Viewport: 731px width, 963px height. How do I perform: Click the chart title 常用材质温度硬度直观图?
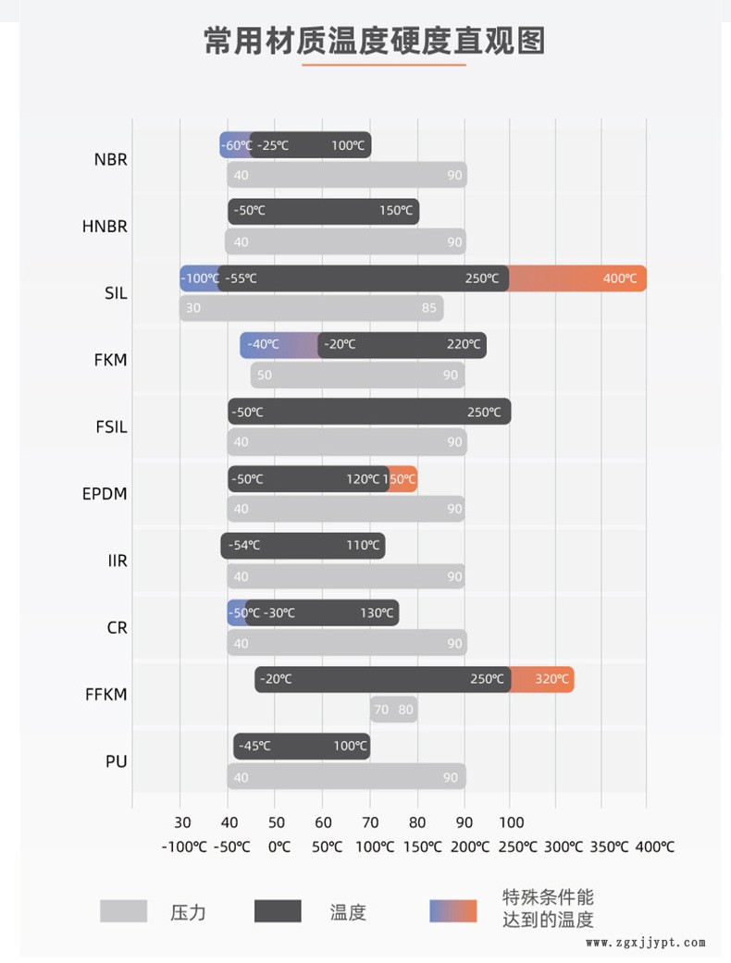click(374, 42)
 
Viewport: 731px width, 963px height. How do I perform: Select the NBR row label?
click(110, 159)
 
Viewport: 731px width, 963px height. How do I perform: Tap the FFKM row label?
click(105, 695)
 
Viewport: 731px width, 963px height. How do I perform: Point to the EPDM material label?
click(105, 494)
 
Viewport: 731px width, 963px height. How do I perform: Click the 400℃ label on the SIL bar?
click(619, 278)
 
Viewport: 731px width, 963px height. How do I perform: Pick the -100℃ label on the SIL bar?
click(199, 278)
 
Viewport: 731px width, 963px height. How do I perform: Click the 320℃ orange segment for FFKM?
click(551, 679)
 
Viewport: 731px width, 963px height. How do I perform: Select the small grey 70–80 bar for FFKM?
click(393, 710)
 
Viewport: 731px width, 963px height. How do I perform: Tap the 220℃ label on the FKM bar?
click(463, 345)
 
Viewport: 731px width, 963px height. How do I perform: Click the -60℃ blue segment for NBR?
click(235, 145)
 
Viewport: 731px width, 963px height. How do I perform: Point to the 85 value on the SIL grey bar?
click(428, 308)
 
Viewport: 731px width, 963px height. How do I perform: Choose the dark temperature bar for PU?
click(302, 746)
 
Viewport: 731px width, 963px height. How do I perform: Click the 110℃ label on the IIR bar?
click(363, 545)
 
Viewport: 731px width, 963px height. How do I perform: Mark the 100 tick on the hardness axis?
click(511, 822)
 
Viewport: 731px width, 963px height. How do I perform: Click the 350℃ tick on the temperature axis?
click(608, 846)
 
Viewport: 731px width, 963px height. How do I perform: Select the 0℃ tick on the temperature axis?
click(279, 846)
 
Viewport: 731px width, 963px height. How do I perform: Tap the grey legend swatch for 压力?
click(123, 911)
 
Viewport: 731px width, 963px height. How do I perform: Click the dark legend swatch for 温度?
click(278, 911)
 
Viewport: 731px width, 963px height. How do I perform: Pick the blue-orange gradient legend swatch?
click(453, 911)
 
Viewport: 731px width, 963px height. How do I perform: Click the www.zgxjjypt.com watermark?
click(646, 943)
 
